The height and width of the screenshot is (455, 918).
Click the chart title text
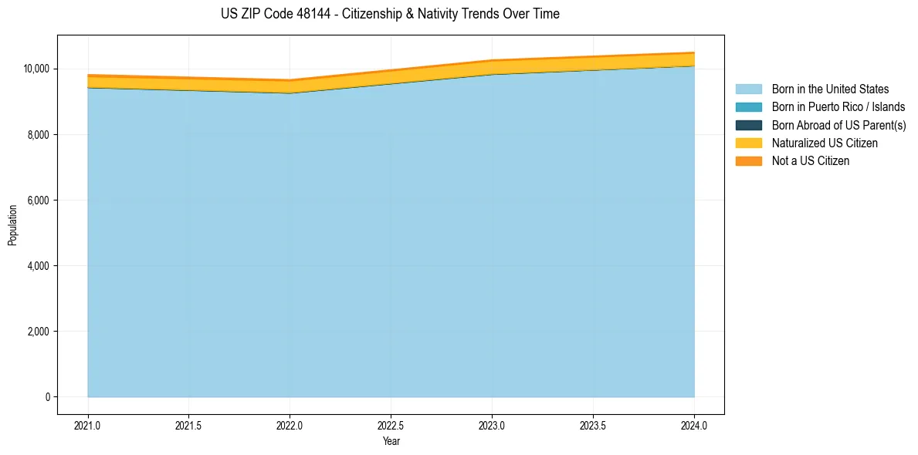390,14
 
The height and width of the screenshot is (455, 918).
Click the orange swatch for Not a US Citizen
748,160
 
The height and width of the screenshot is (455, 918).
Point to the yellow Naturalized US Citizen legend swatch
748,143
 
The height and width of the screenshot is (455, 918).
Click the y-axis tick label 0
48,397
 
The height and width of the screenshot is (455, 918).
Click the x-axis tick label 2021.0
88,425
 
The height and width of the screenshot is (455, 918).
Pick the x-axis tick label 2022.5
391,425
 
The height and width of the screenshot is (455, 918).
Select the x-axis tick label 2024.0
694,425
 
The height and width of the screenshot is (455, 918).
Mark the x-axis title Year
391,441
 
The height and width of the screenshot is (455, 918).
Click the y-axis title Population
12,225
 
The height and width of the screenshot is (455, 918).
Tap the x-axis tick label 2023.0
492,425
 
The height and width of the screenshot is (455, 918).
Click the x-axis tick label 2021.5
189,425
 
